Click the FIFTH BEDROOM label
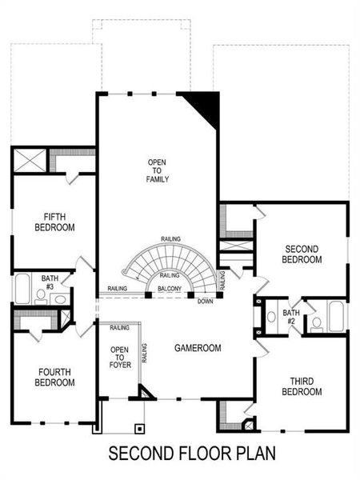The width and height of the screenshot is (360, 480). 54,222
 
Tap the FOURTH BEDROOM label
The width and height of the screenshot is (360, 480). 54,377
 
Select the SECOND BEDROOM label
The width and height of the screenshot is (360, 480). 302,254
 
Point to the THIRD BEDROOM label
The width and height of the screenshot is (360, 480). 302,386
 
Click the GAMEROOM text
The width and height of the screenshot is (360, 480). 198,348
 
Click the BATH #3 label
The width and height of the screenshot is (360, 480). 50,281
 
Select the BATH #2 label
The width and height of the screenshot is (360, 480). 290,317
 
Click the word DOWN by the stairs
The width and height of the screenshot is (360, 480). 205,302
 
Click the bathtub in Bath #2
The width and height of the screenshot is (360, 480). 335,317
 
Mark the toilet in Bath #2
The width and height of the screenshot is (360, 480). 316,322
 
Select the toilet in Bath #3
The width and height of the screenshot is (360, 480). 40,295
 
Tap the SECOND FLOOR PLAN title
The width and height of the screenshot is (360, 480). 192,454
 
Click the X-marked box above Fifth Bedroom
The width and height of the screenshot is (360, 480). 32,162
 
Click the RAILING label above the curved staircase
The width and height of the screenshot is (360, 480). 170,239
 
